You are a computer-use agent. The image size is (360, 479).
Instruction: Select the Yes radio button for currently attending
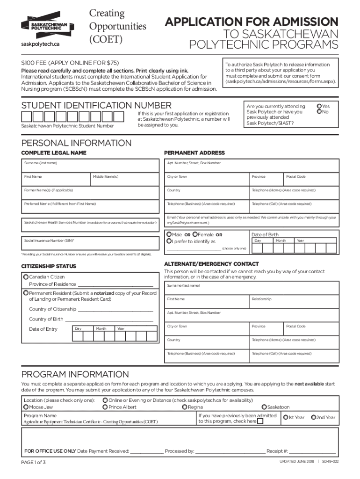[x=319, y=106]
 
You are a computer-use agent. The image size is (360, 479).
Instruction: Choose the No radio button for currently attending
[x=319, y=112]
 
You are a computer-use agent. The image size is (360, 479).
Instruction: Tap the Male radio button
[x=169, y=234]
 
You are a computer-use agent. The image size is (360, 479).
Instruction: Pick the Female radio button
[x=194, y=234]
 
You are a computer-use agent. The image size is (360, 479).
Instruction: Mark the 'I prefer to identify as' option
[x=169, y=241]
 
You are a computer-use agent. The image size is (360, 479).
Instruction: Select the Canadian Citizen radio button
[x=26, y=277]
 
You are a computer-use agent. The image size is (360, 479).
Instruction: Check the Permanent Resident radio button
[x=26, y=293]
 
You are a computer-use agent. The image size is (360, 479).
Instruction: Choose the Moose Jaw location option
[x=26, y=407]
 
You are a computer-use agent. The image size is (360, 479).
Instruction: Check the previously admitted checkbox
[x=260, y=421]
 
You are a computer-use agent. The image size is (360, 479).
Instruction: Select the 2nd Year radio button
[x=313, y=417]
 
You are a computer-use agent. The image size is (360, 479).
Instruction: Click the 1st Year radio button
[x=285, y=417]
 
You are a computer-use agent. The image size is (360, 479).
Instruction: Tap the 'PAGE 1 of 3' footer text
[x=34, y=462]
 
